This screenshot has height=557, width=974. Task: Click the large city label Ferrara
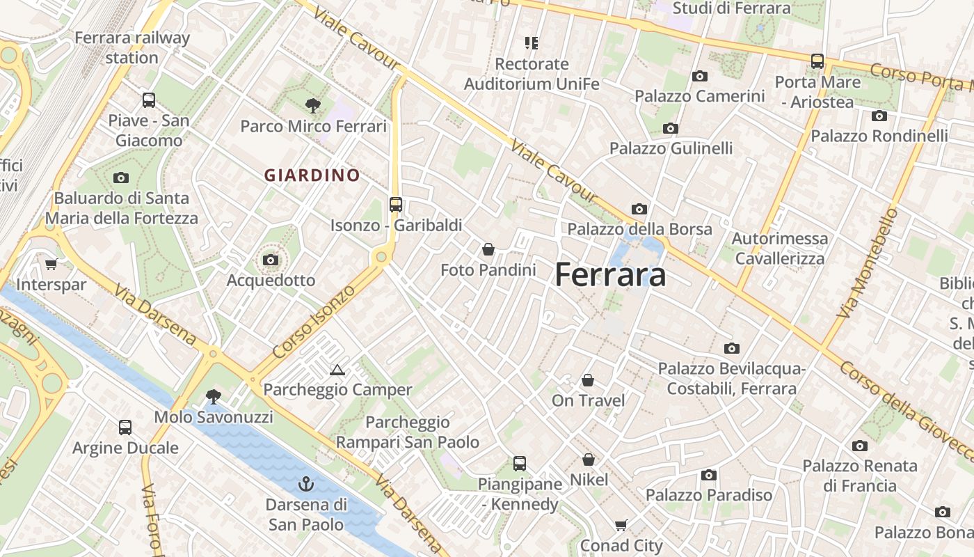[x=610, y=275]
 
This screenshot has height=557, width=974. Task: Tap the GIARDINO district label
[x=312, y=175]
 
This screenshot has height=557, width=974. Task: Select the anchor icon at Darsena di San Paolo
[x=306, y=483]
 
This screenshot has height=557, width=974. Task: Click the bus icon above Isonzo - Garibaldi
[x=396, y=205]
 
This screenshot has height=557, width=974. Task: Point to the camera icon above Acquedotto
[x=271, y=260]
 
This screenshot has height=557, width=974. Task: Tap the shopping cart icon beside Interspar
[x=51, y=264]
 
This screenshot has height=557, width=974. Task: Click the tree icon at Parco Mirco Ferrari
[x=313, y=106]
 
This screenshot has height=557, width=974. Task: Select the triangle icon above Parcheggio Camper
[x=337, y=370]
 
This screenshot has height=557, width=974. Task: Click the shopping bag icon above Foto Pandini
[x=488, y=249]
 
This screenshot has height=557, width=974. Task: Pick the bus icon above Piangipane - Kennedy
[x=519, y=463]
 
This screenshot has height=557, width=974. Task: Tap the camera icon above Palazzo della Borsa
[x=639, y=209]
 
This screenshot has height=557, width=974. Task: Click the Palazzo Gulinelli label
[x=671, y=148]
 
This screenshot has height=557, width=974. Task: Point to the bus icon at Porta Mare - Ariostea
[x=817, y=61]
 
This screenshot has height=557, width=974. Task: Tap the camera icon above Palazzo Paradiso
[x=709, y=475]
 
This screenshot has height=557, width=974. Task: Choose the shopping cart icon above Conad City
[x=621, y=526]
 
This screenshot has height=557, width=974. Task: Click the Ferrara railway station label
[x=132, y=47]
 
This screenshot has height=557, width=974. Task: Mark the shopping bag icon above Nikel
[x=589, y=460]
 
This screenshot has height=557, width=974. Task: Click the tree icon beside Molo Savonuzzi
[x=214, y=397]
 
